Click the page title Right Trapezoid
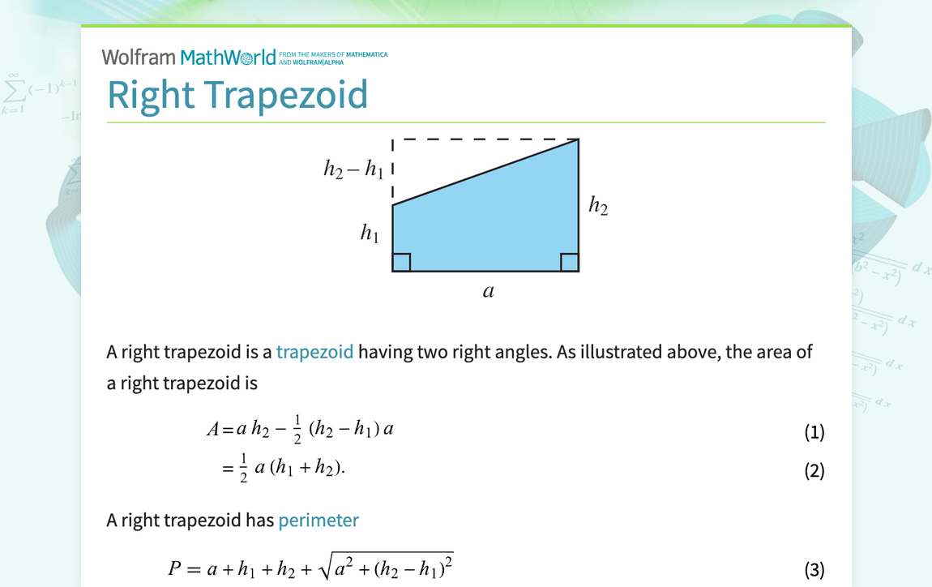(237, 95)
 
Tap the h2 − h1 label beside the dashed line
(353, 169)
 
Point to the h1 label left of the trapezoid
(370, 234)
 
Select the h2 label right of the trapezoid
(598, 207)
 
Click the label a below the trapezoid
(488, 291)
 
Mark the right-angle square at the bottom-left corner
(402, 262)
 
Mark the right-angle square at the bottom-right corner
(569, 262)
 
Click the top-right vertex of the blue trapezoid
(578, 140)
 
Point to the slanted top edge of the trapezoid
(486, 172)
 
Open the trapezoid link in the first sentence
(314, 352)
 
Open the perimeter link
(319, 520)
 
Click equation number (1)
(814, 431)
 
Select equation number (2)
(814, 470)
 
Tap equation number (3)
(814, 569)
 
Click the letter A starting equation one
(214, 429)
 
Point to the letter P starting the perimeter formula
(175, 568)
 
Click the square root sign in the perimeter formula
(327, 568)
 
